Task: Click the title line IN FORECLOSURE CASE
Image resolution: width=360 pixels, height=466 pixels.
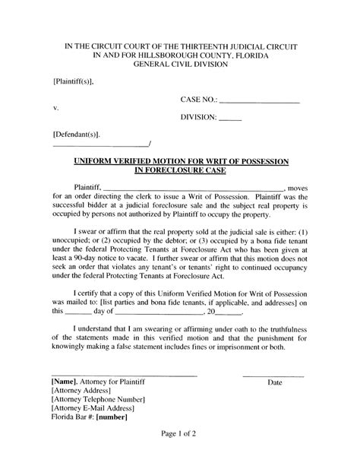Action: coord(179,172)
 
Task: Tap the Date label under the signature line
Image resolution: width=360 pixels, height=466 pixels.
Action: coord(274,382)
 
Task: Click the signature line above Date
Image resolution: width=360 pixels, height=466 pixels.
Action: coord(273,376)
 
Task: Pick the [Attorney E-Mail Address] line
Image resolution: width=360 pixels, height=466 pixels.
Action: coord(95,408)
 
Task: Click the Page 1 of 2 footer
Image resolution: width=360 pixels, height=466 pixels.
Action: coord(180,434)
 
